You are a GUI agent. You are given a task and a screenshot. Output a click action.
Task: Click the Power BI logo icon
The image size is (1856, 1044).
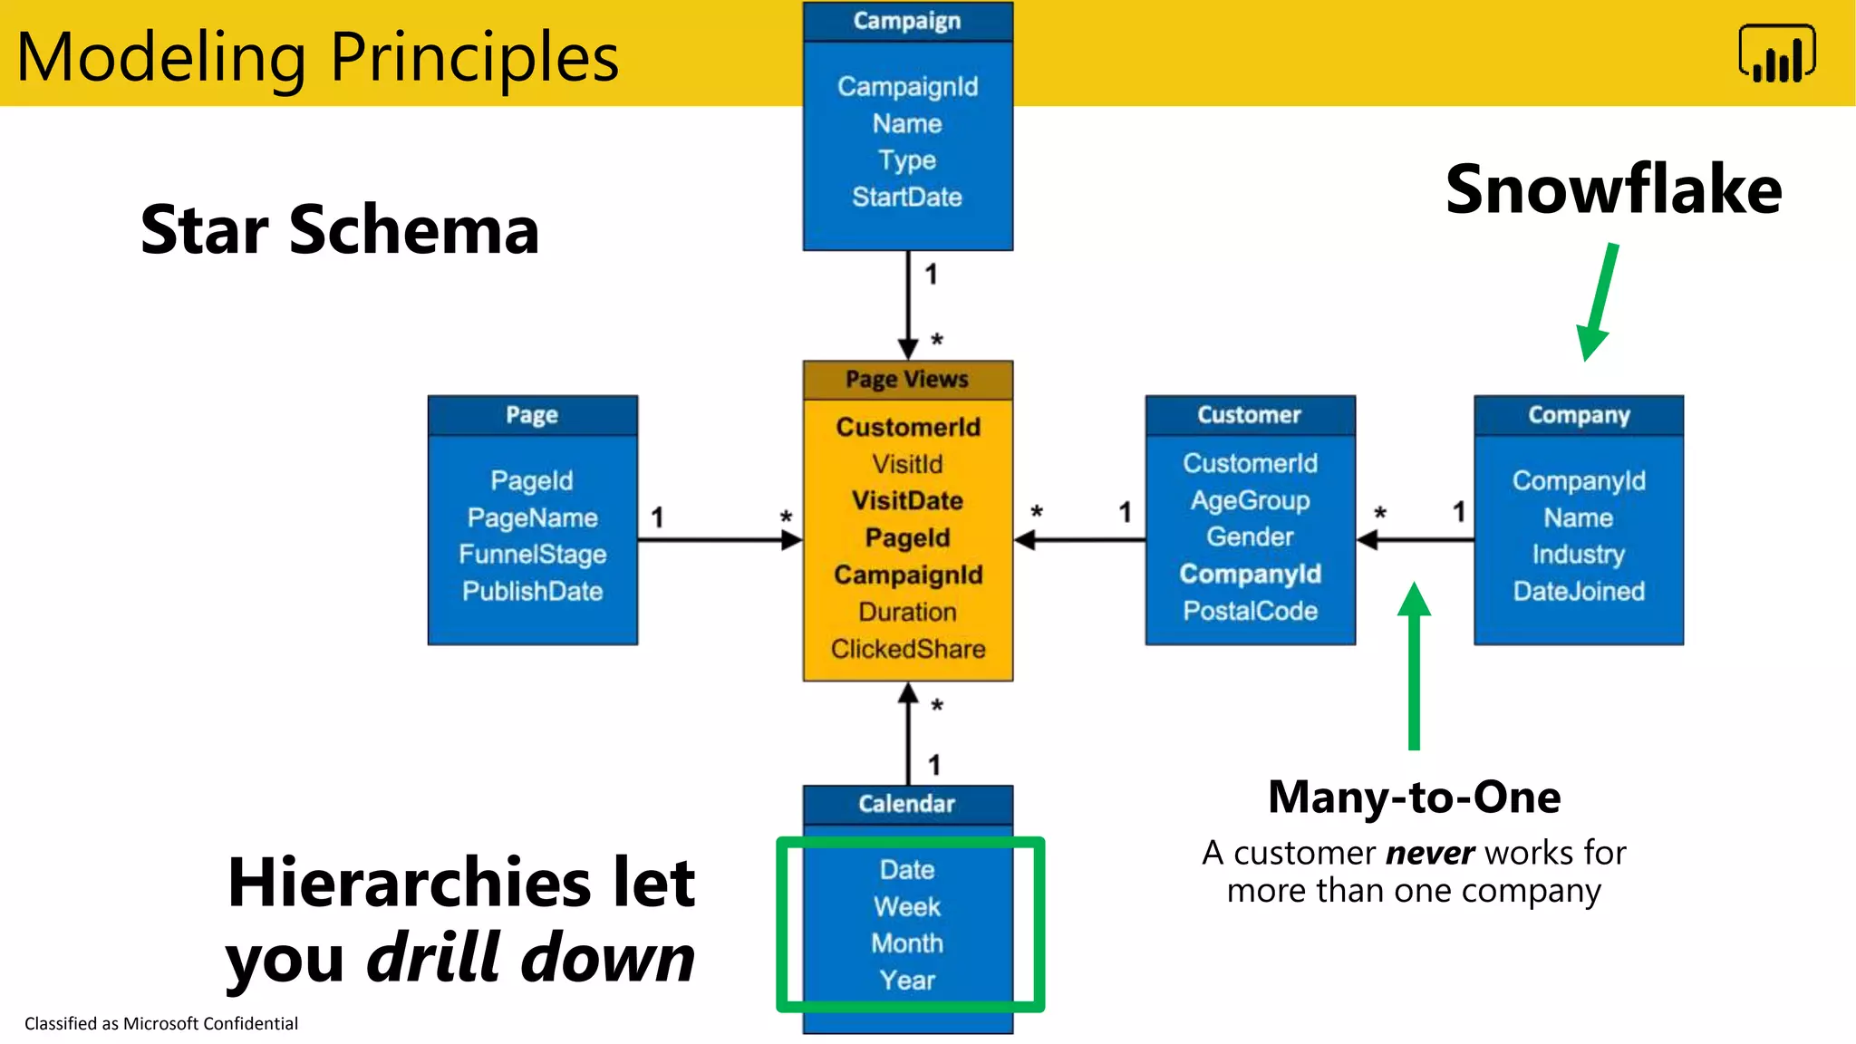1776,54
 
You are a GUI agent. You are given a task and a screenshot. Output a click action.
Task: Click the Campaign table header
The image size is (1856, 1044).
907,21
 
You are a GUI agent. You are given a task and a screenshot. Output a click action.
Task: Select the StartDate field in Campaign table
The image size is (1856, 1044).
907,197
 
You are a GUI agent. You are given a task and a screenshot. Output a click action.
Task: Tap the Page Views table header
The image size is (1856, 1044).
907,380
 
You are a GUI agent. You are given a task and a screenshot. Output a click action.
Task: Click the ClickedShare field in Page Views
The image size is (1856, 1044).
907,649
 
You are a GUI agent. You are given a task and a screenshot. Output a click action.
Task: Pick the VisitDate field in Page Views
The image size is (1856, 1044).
907,500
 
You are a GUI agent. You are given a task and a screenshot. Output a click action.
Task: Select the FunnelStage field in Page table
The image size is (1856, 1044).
532,554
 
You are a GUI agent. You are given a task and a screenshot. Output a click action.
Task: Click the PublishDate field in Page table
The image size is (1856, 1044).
532,591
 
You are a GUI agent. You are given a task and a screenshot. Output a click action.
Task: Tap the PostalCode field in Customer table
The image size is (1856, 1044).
1250,611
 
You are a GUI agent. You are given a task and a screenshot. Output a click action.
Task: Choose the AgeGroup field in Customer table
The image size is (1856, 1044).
1250,500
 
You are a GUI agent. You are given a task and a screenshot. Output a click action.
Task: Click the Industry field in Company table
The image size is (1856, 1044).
1578,554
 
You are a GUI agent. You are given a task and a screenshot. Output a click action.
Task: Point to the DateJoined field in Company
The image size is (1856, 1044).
1578,591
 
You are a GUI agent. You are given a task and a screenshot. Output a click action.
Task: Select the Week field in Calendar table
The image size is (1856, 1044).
907,906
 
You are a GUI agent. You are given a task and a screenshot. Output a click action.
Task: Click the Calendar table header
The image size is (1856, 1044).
907,804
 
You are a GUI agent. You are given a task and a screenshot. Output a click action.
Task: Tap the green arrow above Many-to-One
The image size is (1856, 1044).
1414,666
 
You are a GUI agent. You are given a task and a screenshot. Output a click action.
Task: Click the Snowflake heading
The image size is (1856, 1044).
1613,189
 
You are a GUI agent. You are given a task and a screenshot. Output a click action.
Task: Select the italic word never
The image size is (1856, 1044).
1430,853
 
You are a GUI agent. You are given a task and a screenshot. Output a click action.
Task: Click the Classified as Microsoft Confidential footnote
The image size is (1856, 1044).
161,1023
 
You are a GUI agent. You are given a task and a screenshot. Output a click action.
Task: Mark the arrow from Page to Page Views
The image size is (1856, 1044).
720,540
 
